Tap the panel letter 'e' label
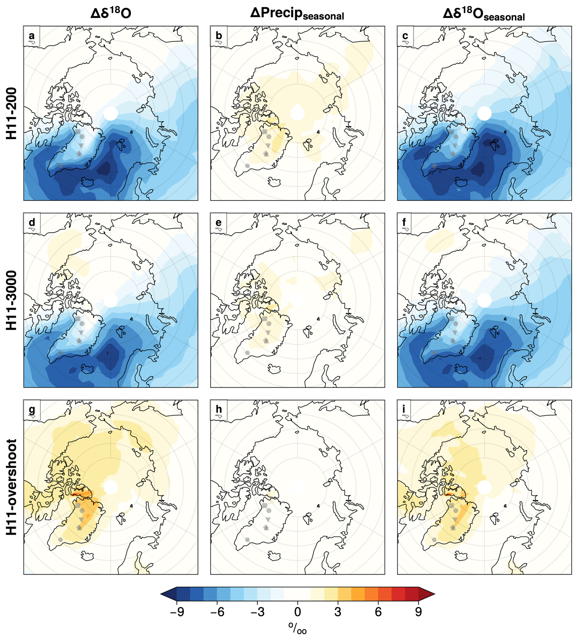tap(218, 223)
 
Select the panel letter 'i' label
tap(404, 409)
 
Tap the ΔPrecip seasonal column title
tap(297, 13)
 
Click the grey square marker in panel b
tap(265, 132)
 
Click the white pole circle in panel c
tap(484, 113)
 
